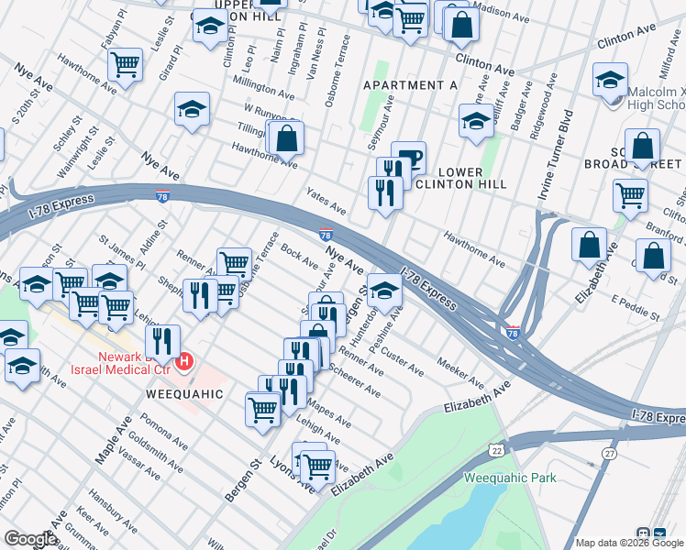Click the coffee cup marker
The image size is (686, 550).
click(x=408, y=158)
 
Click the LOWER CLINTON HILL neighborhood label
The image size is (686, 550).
click(x=473, y=178)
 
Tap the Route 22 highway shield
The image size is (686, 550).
click(x=496, y=450)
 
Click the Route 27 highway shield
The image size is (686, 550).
click(x=610, y=454)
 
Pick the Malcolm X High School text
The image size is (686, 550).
click(x=657, y=99)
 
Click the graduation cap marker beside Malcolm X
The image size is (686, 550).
click(x=610, y=81)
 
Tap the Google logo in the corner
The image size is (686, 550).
click(x=30, y=539)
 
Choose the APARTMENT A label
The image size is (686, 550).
click(x=410, y=84)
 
